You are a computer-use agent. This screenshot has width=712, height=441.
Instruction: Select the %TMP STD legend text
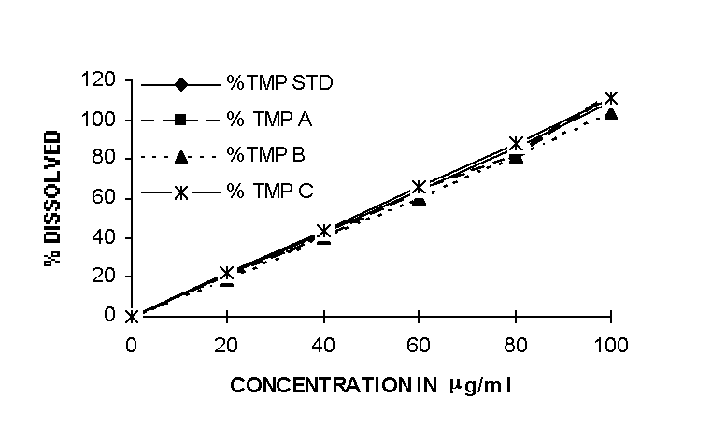(279, 82)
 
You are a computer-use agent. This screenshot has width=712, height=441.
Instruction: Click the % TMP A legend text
(272, 119)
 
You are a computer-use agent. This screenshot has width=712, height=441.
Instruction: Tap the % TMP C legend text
(272, 191)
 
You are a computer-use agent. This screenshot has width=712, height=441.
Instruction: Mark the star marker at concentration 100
(611, 98)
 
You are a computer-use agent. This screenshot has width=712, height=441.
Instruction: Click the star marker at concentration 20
(227, 273)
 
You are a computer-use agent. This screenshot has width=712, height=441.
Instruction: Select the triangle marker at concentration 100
(611, 113)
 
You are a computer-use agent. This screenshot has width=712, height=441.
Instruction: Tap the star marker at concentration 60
(420, 187)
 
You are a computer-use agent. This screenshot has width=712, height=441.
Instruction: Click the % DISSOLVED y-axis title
(53, 199)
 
